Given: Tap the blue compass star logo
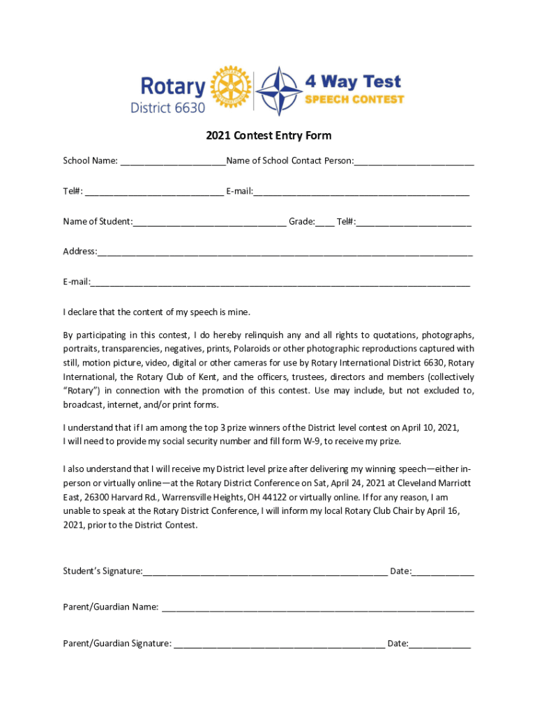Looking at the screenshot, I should coord(279,91).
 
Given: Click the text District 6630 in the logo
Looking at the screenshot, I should coord(168,107).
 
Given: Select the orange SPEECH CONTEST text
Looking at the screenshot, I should coord(355,99).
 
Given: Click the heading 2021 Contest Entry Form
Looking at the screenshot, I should coord(268,135).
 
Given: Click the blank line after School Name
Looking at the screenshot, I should coord(173,162).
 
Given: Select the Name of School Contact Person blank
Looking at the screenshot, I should coord(414,162).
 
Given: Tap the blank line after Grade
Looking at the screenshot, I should coord(324,223).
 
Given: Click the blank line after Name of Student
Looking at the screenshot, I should coord(209,223).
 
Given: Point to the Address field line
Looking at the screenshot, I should coord(285,253).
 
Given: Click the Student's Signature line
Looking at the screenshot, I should coord(265,573).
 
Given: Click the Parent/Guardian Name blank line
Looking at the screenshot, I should coord(317,609).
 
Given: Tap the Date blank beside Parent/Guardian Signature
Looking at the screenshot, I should coord(440,645).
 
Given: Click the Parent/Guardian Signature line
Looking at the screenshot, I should coord(279,645).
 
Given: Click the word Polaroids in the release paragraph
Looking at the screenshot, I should coord(253,349).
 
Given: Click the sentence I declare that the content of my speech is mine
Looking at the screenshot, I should coord(156,312).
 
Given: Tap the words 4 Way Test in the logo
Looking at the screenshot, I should coord(353,82).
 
